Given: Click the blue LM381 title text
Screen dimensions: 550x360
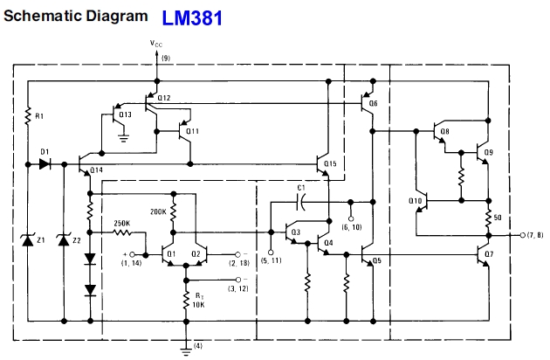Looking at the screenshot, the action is (192, 17).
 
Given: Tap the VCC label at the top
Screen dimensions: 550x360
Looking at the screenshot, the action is (156, 44).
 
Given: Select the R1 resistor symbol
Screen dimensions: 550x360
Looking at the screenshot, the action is (28, 116).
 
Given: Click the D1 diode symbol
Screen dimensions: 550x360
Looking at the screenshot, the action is (45, 164).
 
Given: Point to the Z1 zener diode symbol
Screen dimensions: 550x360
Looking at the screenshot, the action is (28, 240).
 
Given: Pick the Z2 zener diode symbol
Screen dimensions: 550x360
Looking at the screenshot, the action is (64, 240).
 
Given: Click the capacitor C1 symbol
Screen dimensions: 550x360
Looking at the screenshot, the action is (300, 202).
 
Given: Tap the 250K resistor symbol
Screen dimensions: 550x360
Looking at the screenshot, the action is (122, 232).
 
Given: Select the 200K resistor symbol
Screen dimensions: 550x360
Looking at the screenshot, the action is (173, 212).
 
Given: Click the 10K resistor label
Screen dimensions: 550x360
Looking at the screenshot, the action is (198, 304).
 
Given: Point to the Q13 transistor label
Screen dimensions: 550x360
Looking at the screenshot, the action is (125, 114).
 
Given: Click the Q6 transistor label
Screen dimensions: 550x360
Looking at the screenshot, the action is (374, 103).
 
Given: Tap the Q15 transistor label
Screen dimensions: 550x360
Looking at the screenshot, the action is (330, 163).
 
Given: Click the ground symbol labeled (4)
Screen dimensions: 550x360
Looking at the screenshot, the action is (186, 350).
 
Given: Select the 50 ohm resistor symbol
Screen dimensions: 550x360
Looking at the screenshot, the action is (488, 218).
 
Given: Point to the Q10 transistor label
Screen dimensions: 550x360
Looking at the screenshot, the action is (415, 201).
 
